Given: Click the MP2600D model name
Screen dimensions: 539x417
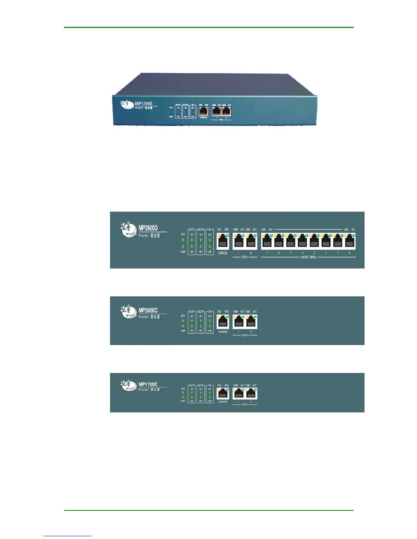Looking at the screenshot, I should (148, 228).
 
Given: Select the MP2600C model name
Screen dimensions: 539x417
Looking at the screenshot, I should (148, 310).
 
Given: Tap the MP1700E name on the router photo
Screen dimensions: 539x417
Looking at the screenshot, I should (144, 103).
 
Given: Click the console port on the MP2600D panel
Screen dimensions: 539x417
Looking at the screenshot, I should (223, 241).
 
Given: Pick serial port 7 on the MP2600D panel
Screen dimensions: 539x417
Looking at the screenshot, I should (267, 241).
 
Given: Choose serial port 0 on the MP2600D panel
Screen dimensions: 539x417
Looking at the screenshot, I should (350, 241).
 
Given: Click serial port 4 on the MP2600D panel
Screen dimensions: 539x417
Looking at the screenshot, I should (302, 241).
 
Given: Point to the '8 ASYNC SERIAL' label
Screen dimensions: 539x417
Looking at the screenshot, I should (308, 257).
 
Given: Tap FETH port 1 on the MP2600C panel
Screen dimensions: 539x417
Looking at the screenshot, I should (239, 322).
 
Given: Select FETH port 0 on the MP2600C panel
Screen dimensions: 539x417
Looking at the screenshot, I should (251, 322).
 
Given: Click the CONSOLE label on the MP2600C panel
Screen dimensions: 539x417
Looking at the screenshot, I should (223, 332).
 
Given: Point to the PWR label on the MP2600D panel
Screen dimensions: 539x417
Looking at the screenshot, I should (183, 252).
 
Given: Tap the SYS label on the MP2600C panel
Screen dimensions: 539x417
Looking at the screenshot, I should (183, 316).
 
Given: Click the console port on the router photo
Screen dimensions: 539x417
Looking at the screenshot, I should (203, 111).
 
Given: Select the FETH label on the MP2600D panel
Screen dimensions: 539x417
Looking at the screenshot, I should (245, 257).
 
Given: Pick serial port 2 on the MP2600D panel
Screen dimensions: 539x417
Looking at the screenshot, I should (326, 241).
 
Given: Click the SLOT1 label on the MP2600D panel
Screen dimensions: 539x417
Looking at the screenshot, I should (192, 229).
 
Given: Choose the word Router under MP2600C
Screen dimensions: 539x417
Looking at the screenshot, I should (143, 317).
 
